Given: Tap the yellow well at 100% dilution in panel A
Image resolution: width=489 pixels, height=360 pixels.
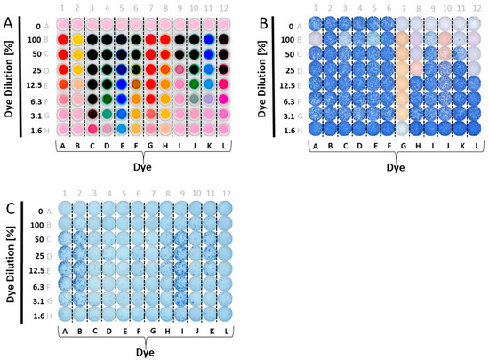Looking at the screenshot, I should pyautogui.click(x=77, y=40).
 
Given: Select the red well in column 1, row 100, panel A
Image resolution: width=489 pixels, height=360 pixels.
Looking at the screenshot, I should pyautogui.click(x=63, y=40).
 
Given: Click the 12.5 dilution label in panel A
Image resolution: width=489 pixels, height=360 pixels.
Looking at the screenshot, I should pyautogui.click(x=39, y=84).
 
